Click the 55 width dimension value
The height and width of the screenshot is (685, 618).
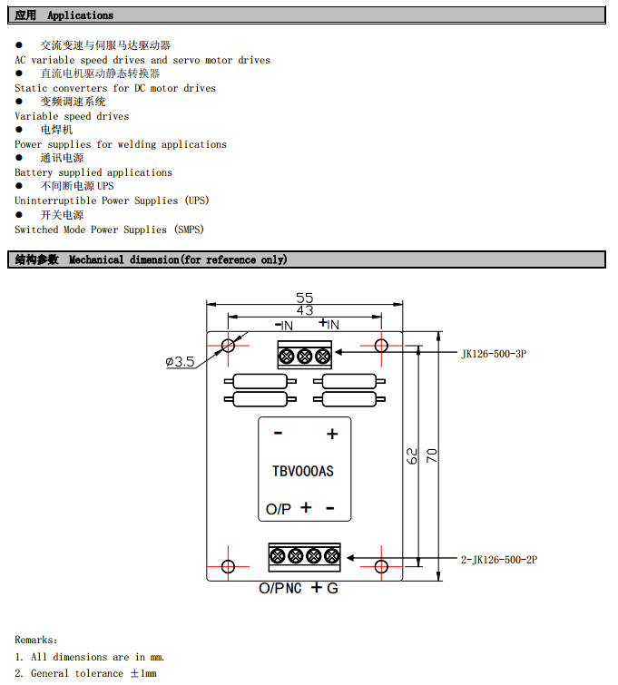[x=304, y=298]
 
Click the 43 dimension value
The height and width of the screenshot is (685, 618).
[x=304, y=311]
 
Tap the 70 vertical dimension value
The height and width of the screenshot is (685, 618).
[x=432, y=455]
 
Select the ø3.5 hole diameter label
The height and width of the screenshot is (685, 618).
[x=180, y=362]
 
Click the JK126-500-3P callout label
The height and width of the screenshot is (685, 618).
[x=493, y=354]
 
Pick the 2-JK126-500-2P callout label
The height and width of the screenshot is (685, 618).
[x=499, y=560]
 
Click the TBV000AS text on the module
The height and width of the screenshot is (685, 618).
[x=303, y=471]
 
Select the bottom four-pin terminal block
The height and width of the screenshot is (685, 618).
[x=304, y=556]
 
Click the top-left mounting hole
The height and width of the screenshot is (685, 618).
[x=228, y=345]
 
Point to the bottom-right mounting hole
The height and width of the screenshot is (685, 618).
[x=381, y=567]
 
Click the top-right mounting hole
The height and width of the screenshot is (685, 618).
[x=381, y=345]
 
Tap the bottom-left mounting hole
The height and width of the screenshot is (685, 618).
[x=228, y=567]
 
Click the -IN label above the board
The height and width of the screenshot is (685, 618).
[x=283, y=325]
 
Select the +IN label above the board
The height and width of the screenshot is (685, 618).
[x=329, y=324]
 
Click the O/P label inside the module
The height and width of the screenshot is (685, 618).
[x=279, y=510]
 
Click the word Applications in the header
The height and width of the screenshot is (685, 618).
[x=81, y=15]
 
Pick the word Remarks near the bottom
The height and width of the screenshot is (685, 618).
[x=35, y=640]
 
